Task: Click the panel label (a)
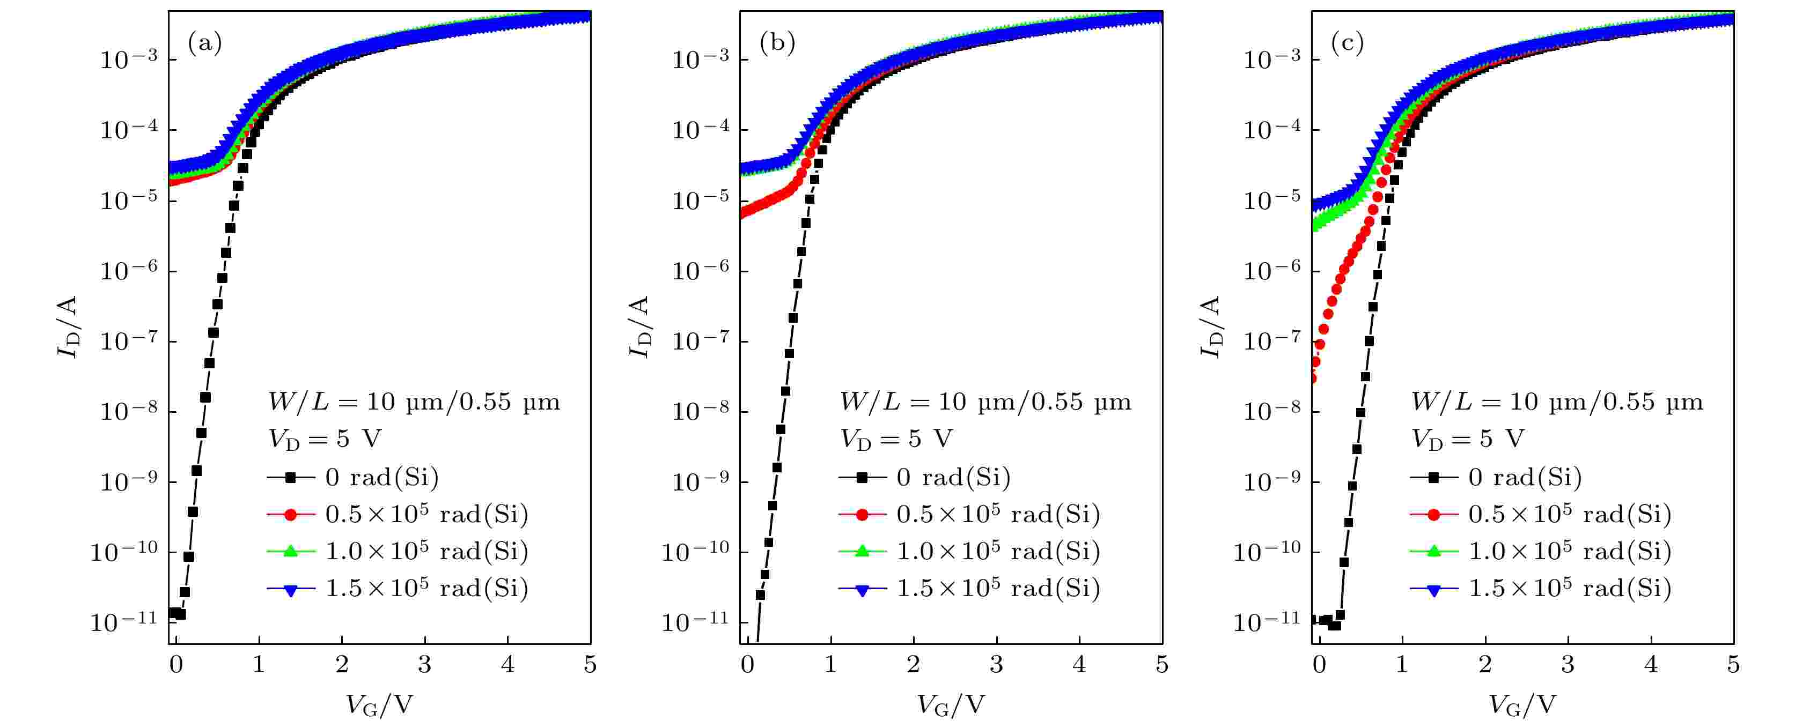(205, 44)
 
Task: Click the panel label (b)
(777, 44)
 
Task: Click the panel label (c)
(1348, 44)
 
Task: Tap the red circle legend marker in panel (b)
(862, 515)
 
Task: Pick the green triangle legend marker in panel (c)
(1433, 551)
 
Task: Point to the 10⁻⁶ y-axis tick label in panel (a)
(129, 270)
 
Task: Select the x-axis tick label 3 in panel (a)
(424, 665)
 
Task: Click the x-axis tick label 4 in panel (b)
(1079, 665)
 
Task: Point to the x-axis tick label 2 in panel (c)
(1484, 665)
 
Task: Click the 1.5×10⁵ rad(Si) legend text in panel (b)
(998, 589)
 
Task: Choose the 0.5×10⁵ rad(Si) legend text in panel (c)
(1569, 514)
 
